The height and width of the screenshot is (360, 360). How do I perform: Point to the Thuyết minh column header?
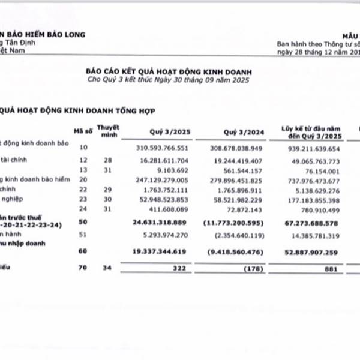tap(108, 130)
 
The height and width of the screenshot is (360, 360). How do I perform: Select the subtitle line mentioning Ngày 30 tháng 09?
tap(168, 79)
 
